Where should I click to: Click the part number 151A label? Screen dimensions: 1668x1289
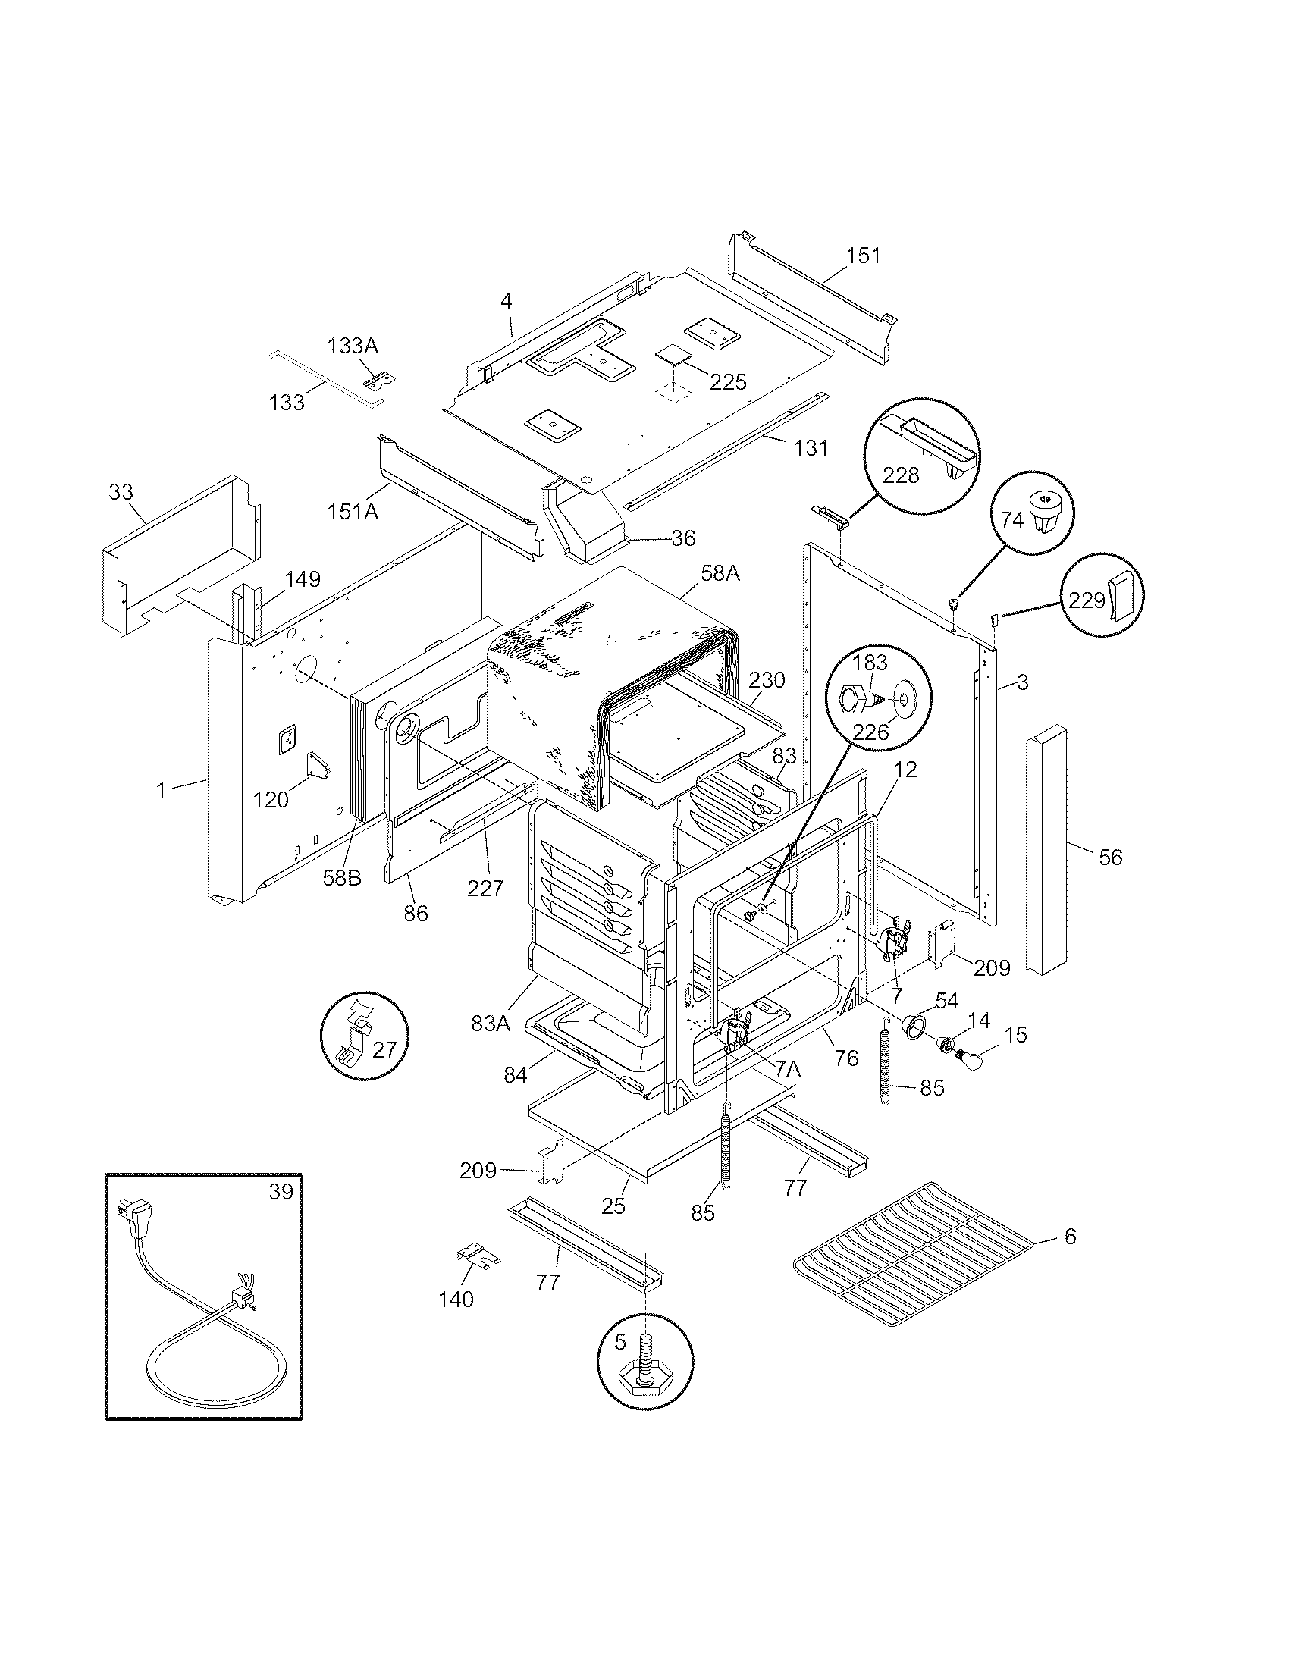[353, 511]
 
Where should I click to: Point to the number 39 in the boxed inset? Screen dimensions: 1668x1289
[281, 1191]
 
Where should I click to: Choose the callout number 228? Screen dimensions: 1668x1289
[901, 475]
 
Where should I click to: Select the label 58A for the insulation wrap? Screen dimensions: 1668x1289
[720, 572]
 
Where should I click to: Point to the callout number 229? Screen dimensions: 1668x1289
[1087, 600]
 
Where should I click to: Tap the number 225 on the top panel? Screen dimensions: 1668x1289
[728, 382]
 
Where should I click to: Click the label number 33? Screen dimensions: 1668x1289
[121, 492]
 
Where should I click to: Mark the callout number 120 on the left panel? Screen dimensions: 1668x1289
[271, 799]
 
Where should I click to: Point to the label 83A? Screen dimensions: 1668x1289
[491, 1024]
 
